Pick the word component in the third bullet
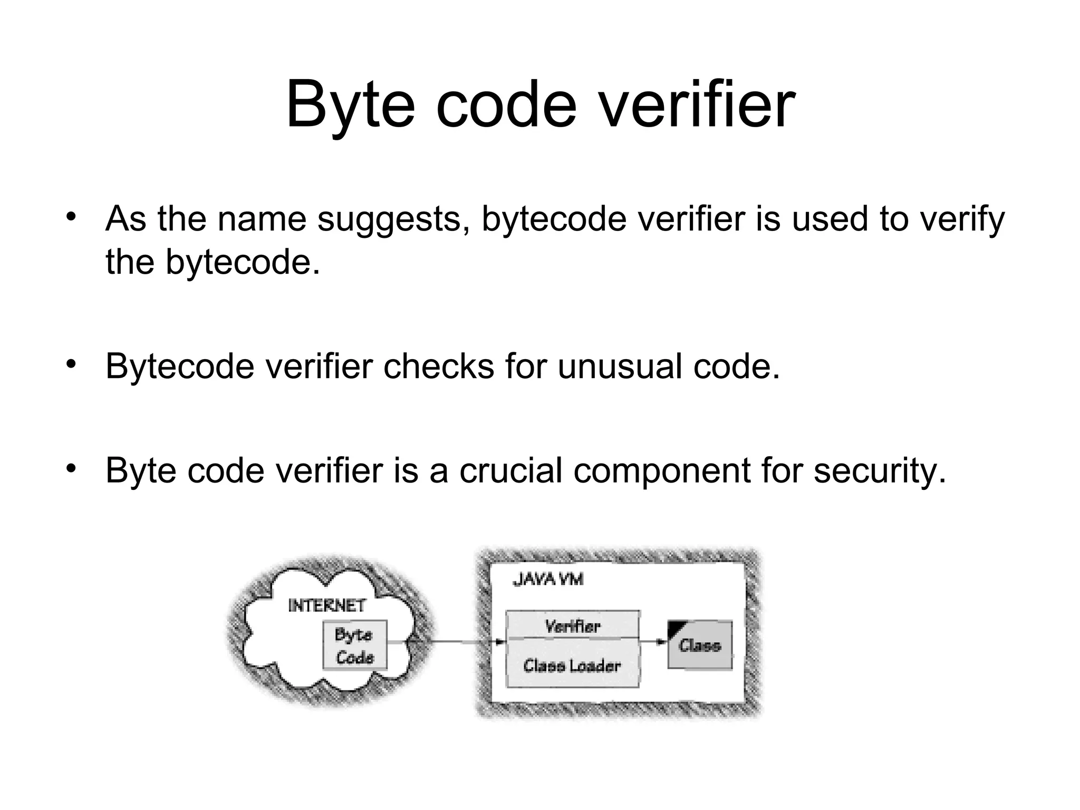pyautogui.click(x=661, y=471)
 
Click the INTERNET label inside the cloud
pyautogui.click(x=327, y=605)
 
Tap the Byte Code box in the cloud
pyautogui.click(x=355, y=645)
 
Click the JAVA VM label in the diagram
pyautogui.click(x=548, y=580)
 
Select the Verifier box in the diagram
pyautogui.click(x=572, y=625)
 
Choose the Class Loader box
pyautogui.click(x=572, y=665)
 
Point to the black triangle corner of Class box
pyautogui.click(x=674, y=627)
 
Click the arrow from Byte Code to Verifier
pyautogui.click(x=448, y=642)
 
